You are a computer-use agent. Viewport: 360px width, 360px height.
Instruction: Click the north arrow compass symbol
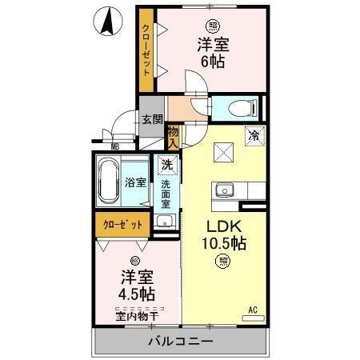106,21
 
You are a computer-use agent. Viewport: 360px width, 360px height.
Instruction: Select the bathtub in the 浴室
108,182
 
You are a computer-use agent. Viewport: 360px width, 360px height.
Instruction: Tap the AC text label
253,309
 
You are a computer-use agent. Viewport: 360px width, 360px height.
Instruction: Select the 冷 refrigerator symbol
253,136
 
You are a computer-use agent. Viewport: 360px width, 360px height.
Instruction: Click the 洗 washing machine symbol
166,165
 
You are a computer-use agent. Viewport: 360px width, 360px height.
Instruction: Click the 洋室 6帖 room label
212,53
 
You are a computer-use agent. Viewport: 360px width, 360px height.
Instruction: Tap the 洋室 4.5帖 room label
138,286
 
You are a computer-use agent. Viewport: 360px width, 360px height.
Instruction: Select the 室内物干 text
138,315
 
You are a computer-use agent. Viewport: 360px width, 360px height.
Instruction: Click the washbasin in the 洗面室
164,222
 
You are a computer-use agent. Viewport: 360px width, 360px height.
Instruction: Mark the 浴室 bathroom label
134,182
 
